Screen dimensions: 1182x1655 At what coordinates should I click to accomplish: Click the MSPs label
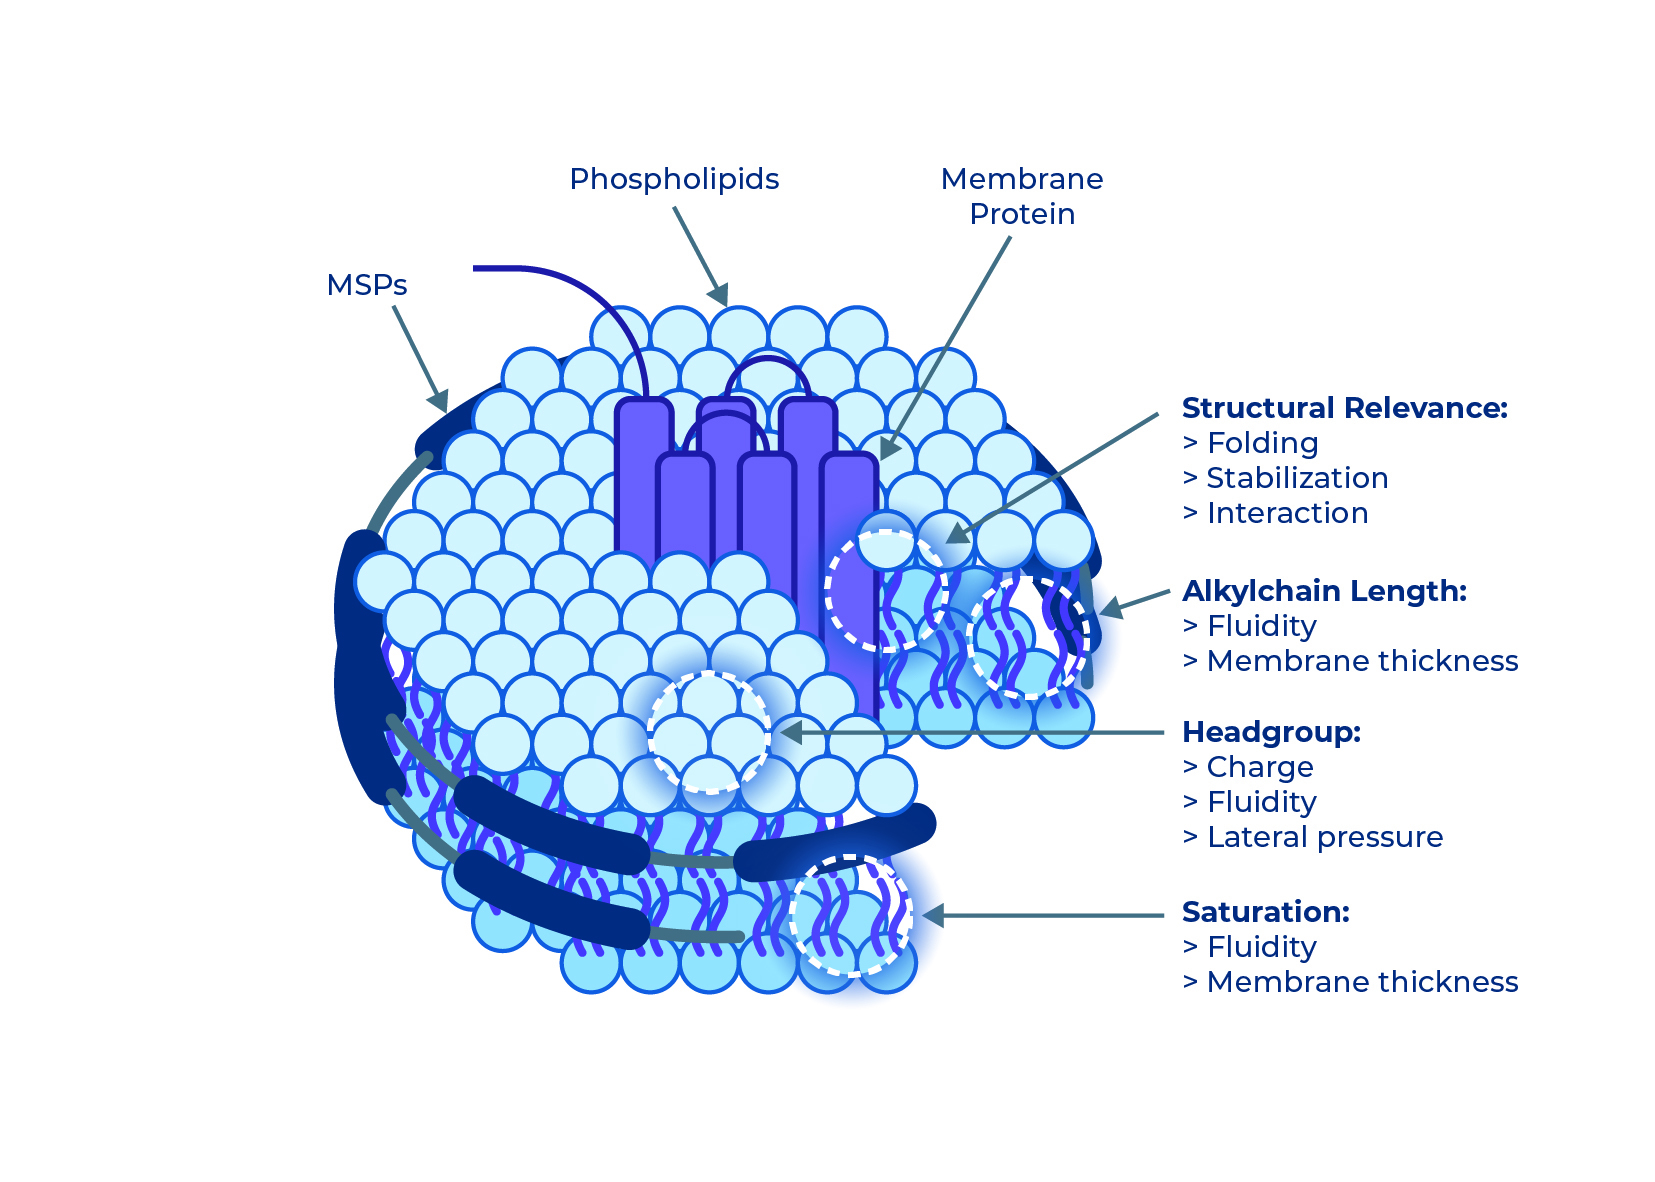point(366,285)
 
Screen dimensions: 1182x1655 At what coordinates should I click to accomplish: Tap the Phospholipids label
point(673,179)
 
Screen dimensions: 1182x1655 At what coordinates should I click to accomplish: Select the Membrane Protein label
point(1021,196)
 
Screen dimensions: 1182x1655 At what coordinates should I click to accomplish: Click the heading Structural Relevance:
point(1344,408)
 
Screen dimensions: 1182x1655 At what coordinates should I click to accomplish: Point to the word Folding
point(1262,443)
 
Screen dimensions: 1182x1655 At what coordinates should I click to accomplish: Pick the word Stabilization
point(1297,478)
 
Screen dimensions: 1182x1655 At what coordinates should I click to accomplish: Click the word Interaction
point(1287,513)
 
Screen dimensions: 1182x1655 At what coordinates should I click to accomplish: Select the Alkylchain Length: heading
point(1324,591)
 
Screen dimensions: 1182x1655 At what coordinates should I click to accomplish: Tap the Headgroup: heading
point(1271,732)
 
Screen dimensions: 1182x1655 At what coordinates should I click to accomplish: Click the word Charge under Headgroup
point(1260,767)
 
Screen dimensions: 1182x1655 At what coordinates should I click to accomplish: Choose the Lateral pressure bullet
point(1325,837)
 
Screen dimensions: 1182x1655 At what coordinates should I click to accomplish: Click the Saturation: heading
point(1265,912)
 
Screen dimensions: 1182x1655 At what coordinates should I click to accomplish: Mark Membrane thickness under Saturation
point(1362,982)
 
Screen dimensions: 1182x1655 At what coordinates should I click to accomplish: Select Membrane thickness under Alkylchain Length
point(1362,661)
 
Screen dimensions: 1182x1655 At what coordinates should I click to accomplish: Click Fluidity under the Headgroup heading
point(1261,802)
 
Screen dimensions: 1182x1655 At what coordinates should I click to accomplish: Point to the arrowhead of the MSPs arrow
point(439,402)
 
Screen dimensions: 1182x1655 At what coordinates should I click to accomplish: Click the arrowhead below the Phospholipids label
point(719,297)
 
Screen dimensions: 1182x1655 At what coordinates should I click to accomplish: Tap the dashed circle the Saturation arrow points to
point(850,915)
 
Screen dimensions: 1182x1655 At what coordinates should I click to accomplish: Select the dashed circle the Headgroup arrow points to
point(709,732)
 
